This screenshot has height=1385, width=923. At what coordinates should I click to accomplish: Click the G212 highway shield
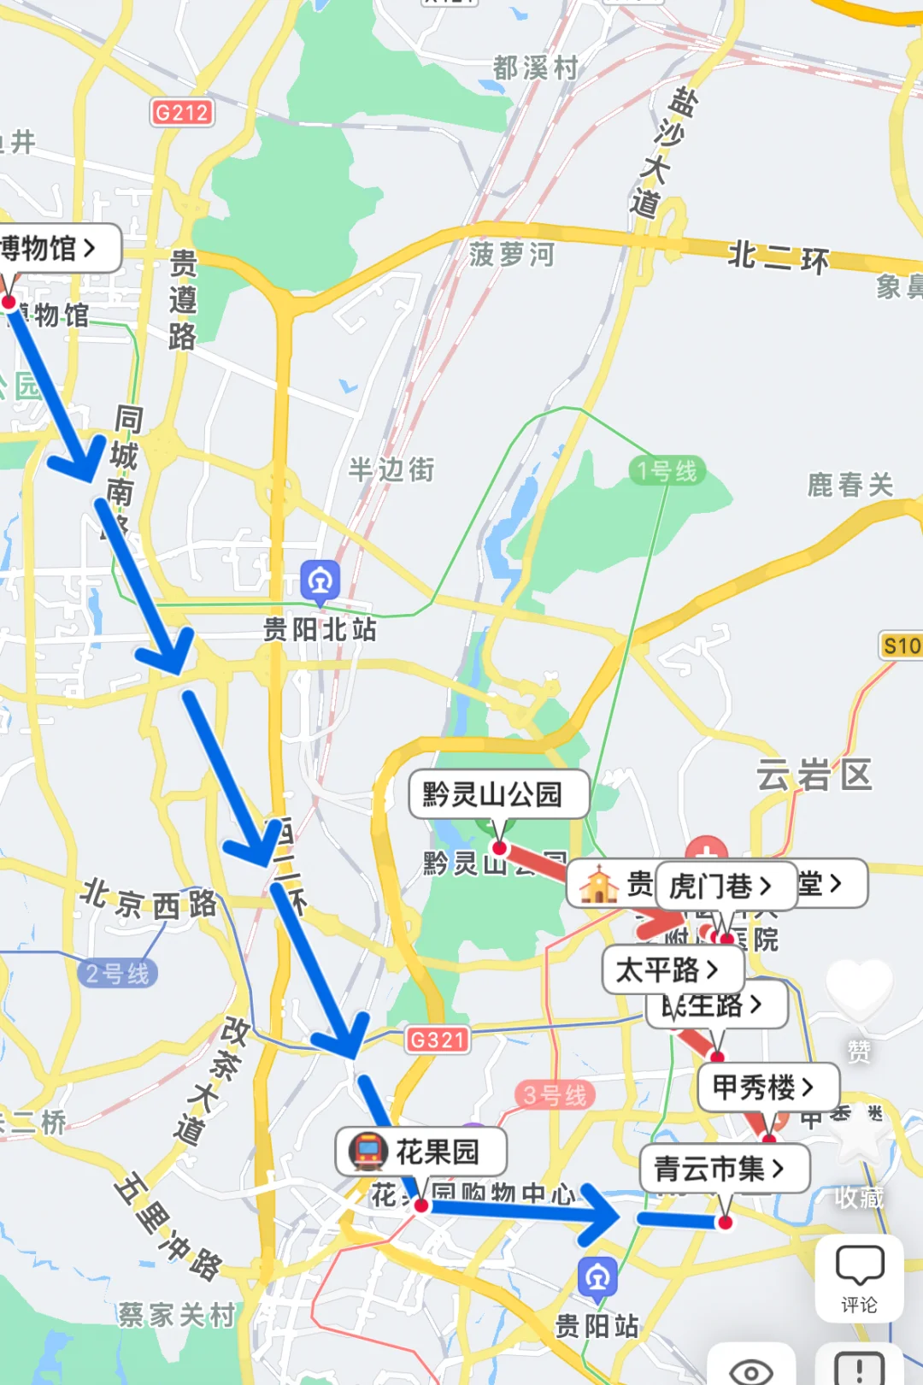[181, 112]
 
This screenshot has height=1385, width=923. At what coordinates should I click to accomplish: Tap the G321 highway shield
[437, 1040]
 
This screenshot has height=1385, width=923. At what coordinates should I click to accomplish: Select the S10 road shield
[901, 645]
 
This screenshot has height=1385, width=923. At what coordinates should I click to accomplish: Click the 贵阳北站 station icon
[320, 581]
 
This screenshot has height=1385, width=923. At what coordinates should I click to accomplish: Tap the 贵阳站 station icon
[597, 1277]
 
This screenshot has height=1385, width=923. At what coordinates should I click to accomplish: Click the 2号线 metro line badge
[118, 973]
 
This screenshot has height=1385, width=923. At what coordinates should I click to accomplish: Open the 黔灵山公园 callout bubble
[498, 794]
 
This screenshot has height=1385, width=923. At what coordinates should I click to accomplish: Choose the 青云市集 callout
[723, 1168]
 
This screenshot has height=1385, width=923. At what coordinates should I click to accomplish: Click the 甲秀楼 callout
[767, 1087]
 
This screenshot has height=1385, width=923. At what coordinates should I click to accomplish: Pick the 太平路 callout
[672, 969]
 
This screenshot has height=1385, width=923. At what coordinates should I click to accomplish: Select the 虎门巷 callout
[725, 886]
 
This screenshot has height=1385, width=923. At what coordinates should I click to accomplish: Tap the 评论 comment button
[859, 1278]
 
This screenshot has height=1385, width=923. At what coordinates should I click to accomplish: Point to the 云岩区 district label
[814, 775]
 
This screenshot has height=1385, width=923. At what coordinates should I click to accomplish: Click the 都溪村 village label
[536, 68]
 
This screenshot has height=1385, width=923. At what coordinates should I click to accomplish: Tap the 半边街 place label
[391, 469]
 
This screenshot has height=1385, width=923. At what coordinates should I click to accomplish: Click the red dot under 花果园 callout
[420, 1205]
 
